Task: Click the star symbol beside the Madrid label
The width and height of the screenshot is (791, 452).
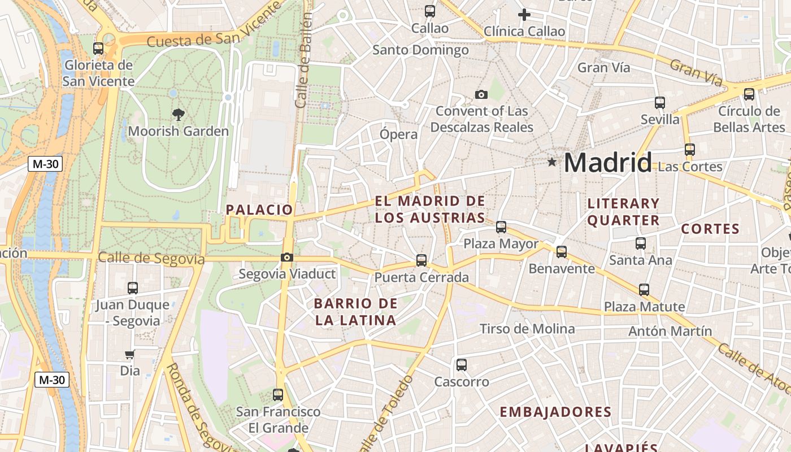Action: click(x=552, y=163)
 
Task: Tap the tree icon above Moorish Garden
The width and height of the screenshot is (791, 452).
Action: click(x=179, y=115)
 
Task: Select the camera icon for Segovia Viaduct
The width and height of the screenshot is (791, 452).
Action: click(x=287, y=258)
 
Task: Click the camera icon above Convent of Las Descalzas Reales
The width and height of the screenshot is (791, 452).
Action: click(x=481, y=94)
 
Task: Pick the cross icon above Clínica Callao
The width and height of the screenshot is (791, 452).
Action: click(x=524, y=15)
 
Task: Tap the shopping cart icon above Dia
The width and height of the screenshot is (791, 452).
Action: click(x=130, y=355)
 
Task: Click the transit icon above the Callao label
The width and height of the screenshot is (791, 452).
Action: click(x=430, y=11)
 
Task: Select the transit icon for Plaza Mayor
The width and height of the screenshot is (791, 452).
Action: click(x=501, y=227)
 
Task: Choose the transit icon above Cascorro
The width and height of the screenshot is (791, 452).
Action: click(x=462, y=365)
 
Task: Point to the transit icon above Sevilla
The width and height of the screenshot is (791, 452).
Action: click(x=660, y=103)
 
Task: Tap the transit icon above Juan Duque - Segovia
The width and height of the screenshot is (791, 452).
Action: click(x=133, y=288)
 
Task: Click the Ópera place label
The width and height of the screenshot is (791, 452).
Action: click(x=399, y=134)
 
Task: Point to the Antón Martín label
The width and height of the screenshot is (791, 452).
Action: click(x=670, y=331)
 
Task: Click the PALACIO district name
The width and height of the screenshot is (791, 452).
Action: click(x=260, y=210)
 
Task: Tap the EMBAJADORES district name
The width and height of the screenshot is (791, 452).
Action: click(x=555, y=412)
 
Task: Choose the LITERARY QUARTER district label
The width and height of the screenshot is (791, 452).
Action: click(x=624, y=212)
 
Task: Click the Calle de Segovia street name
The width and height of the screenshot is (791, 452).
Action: click(x=151, y=258)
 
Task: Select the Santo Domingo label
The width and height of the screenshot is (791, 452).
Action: click(x=421, y=50)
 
